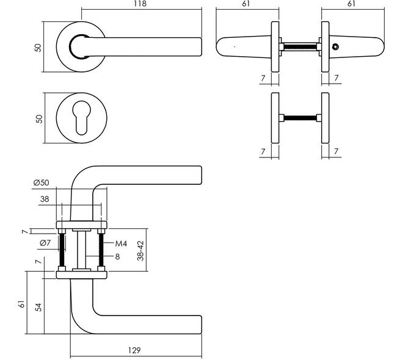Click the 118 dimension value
pos(140,4)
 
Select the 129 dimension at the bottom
pos(134,350)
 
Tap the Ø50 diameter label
pos(41,182)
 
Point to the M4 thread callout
pos(121,243)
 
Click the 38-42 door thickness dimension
pos(140,251)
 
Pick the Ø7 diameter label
pos(45,243)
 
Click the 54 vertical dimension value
pos(38,307)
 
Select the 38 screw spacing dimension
pos(45,199)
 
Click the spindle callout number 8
pos(117,256)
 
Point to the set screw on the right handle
pos(335,47)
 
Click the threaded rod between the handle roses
pos(300,47)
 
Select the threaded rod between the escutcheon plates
pos(300,118)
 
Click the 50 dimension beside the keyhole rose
pos(39,118)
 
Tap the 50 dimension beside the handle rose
pos(38,48)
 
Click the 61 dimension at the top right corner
pos(351,4)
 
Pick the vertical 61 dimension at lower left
pos(22,304)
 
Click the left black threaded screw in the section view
pos(62,250)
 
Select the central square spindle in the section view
pos(82,250)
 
